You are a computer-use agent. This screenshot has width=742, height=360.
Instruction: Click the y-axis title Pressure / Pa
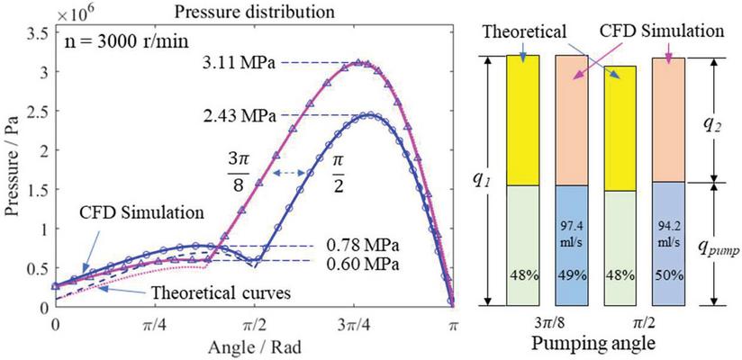13,167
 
